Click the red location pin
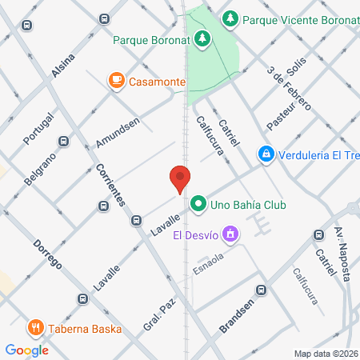180,179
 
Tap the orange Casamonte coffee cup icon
117,80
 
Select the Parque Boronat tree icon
203,38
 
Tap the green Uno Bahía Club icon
198,205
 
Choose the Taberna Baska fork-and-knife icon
36,328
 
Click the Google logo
26,350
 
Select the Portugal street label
38,128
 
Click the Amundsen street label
117,131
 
